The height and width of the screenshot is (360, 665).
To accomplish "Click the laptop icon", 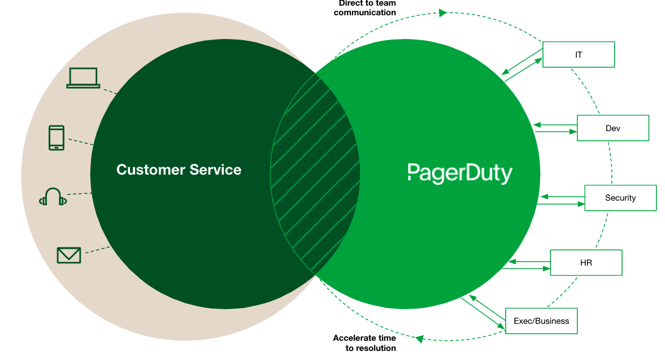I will [x=83, y=78].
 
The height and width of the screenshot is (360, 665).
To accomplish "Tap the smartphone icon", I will [x=56, y=138].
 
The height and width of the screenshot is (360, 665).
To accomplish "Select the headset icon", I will [x=53, y=197].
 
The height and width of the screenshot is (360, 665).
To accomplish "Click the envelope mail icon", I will [x=69, y=255].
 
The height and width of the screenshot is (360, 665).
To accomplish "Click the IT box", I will [x=579, y=55].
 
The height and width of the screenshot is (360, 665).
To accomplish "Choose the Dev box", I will [x=612, y=128].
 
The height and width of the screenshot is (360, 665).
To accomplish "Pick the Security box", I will [x=620, y=198].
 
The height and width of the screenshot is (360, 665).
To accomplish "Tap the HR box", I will [x=586, y=263].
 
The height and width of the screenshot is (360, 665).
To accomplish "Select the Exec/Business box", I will [x=541, y=321].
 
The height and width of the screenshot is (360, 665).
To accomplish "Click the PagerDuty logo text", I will [x=459, y=172].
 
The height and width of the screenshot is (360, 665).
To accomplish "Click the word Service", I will [x=215, y=170].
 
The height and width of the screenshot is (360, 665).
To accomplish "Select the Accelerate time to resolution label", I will [x=364, y=342].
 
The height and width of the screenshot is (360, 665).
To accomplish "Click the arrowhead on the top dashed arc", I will [x=443, y=12].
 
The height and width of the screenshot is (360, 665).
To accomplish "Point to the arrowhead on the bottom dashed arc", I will [x=420, y=339].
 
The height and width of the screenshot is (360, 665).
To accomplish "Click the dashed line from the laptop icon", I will [x=110, y=90].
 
